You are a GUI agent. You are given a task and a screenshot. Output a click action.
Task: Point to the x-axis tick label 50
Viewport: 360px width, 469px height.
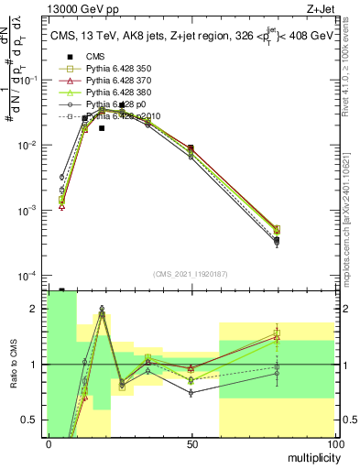tap(191, 443)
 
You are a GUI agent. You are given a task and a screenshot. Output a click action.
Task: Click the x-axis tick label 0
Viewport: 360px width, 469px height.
tap(49, 443)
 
